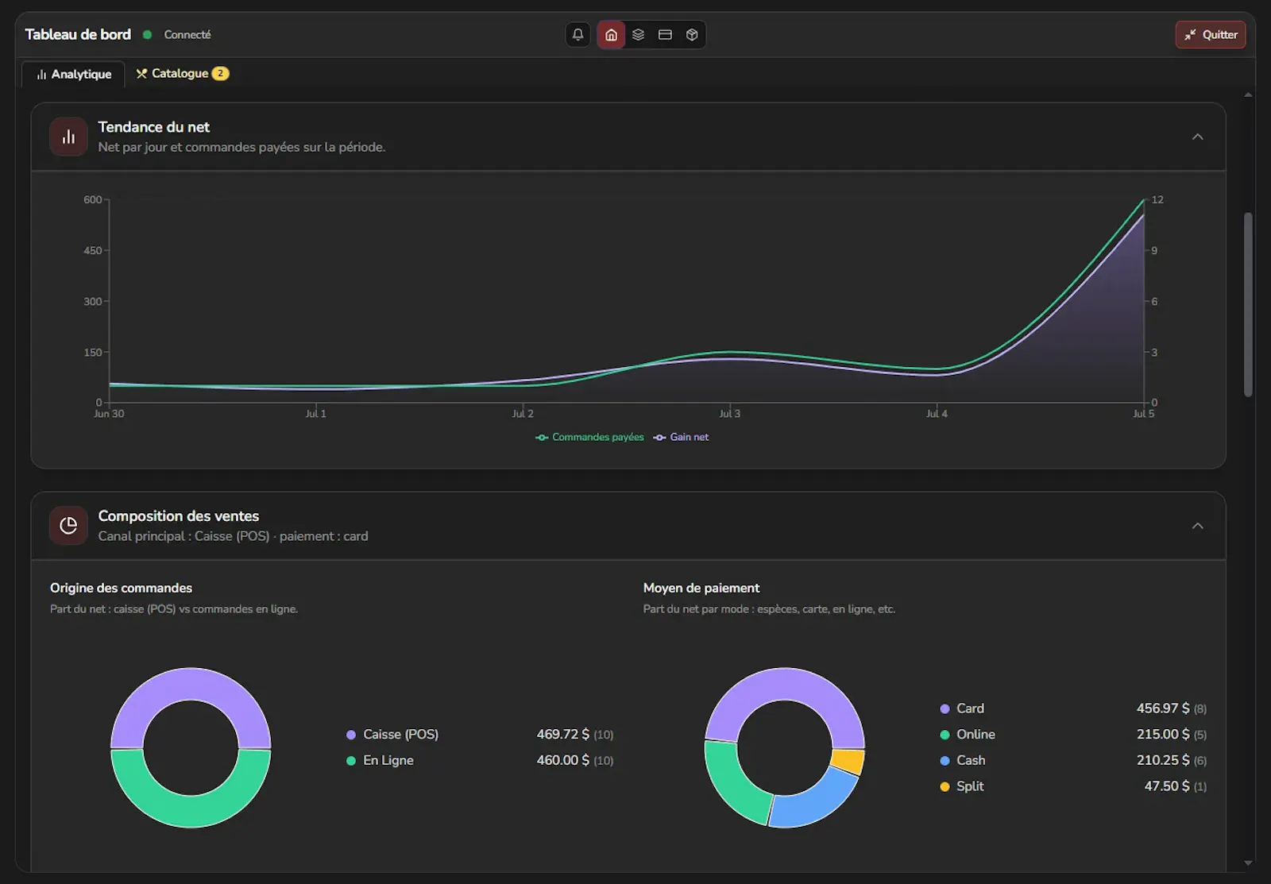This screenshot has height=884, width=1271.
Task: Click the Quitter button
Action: coord(1211,35)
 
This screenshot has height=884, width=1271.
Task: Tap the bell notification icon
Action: coord(578,35)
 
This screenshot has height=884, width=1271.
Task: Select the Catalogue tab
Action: coord(182,73)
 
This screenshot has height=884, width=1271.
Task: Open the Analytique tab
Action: coord(74,75)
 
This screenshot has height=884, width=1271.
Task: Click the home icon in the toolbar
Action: coord(611,35)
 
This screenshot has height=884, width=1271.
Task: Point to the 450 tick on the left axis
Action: coord(92,250)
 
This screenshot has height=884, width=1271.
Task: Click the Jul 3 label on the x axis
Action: coord(730,414)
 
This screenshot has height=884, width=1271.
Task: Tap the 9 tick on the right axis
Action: coord(1154,250)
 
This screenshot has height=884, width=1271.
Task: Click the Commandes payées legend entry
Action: coord(590,437)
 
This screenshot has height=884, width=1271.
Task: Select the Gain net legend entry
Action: coord(681,437)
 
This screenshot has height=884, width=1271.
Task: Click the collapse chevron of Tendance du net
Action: coord(1197,137)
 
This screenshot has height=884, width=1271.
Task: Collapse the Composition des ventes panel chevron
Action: coord(1197,526)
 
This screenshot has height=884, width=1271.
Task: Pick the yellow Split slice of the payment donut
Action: coord(848,762)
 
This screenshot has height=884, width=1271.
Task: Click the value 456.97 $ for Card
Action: coord(1163,708)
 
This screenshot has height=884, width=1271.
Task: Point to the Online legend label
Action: coord(975,734)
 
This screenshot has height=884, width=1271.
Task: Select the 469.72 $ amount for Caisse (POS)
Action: coord(563,734)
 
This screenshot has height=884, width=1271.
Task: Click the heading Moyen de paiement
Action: coord(701,588)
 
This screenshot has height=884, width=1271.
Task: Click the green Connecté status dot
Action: coord(147,35)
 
